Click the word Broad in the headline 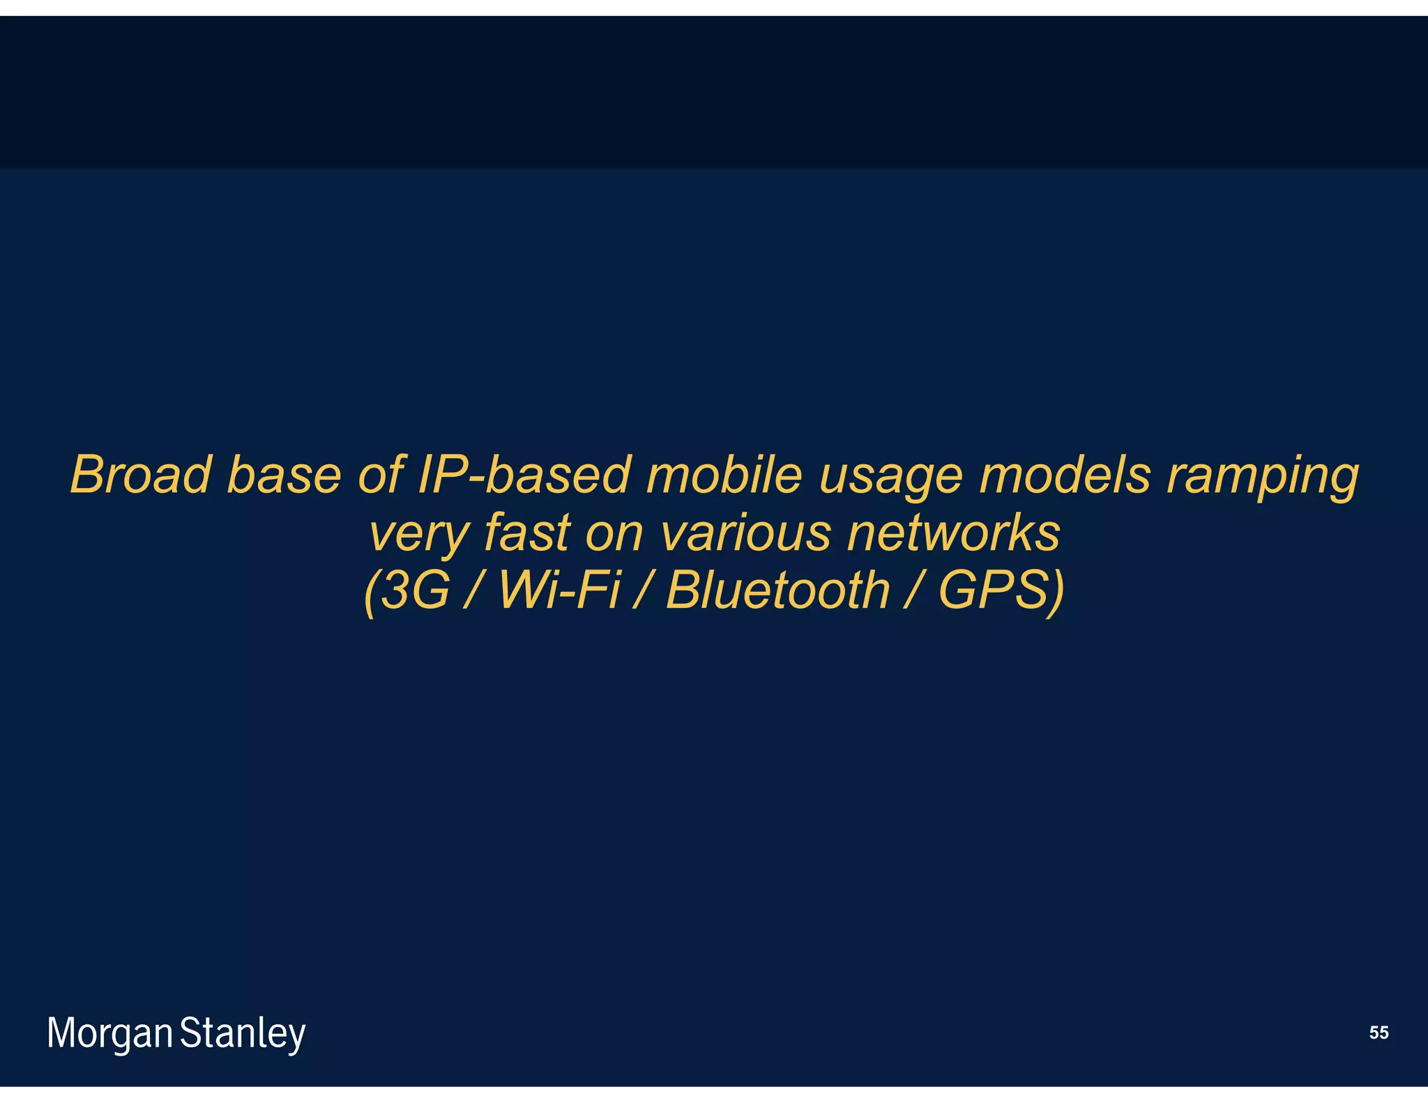[x=140, y=475]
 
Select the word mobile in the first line [x=724, y=475]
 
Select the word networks [x=953, y=533]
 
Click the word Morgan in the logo [x=109, y=1033]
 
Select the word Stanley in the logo [x=243, y=1033]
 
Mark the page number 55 [x=1378, y=1033]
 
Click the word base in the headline [x=284, y=475]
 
